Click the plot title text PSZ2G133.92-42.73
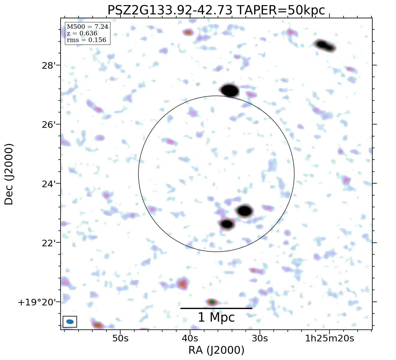[x=170, y=10]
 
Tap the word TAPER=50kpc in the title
[x=281, y=10]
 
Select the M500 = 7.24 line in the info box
[x=87, y=27]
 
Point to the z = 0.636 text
[x=82, y=33]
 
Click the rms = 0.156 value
[x=86, y=40]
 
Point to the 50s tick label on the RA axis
[x=120, y=339]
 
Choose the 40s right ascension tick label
[x=190, y=339]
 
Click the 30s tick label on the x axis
[x=260, y=339]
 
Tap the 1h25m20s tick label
[x=329, y=339]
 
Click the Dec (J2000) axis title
[x=9, y=174]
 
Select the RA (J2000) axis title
[x=216, y=350]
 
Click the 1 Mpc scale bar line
[x=216, y=308]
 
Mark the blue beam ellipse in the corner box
[x=70, y=322]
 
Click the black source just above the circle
[x=230, y=90]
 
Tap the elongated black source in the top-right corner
[x=325, y=46]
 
